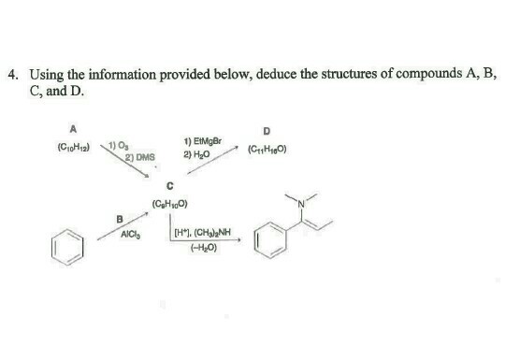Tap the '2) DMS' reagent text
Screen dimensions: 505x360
pos(141,158)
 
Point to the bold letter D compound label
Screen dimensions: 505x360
pos(267,131)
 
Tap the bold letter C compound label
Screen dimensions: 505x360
pos(169,184)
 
